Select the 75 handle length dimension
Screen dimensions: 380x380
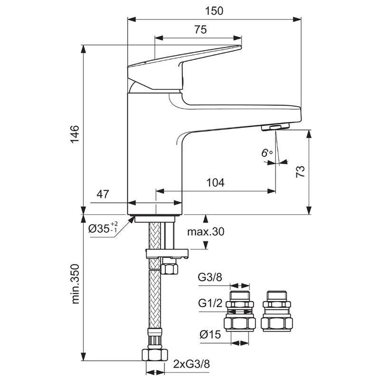click(200, 29)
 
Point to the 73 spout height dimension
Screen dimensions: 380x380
click(300, 171)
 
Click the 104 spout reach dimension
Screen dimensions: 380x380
click(215, 182)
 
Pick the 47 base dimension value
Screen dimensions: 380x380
click(104, 194)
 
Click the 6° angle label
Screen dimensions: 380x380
click(266, 153)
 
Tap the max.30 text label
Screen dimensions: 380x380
click(205, 232)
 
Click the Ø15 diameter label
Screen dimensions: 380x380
click(210, 335)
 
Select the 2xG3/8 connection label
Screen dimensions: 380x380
click(191, 364)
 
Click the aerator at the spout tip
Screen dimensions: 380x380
click(275, 127)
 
